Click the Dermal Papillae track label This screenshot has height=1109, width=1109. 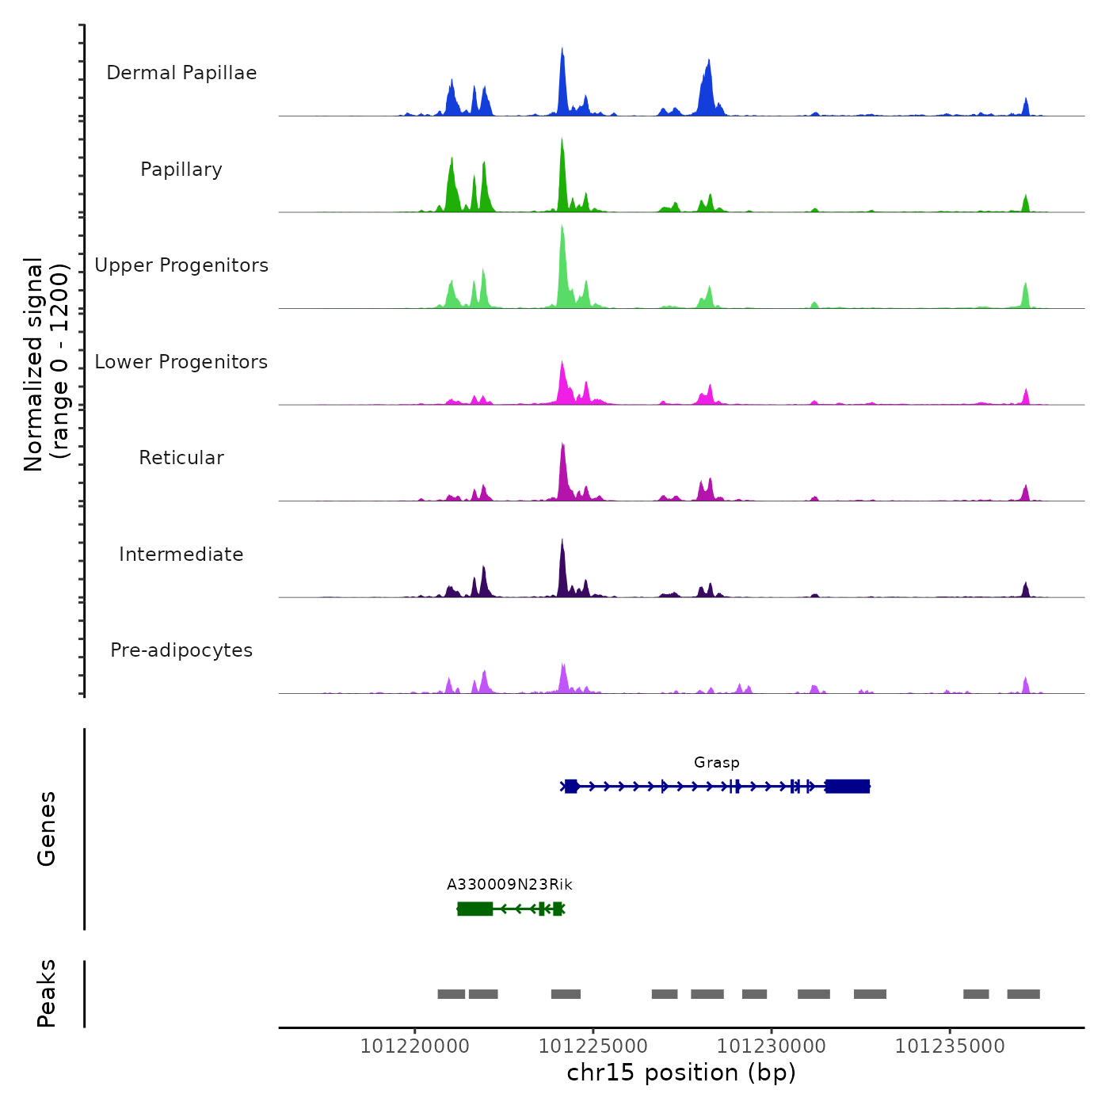coord(181,73)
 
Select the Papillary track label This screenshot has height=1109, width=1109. coord(181,170)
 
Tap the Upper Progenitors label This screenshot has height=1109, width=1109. coord(181,265)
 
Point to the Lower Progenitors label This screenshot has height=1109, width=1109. coord(181,362)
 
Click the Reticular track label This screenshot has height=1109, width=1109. coord(181,458)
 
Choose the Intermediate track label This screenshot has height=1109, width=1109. coord(181,554)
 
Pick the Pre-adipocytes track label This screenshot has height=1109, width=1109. coord(181,650)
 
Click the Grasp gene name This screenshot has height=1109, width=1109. coord(716,762)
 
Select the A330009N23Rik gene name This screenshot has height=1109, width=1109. coord(509,884)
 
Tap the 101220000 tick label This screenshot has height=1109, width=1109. coord(414,1046)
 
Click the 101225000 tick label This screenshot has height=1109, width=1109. coord(593,1046)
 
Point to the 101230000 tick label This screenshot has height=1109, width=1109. coord(771,1046)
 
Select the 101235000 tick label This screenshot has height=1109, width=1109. coord(949,1046)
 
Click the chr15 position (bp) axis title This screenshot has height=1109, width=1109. coord(681,1073)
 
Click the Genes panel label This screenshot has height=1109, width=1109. coord(46,829)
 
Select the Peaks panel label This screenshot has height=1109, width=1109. coord(46,993)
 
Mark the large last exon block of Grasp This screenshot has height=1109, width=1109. coord(848,786)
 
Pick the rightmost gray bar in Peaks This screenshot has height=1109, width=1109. coord(1023,994)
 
